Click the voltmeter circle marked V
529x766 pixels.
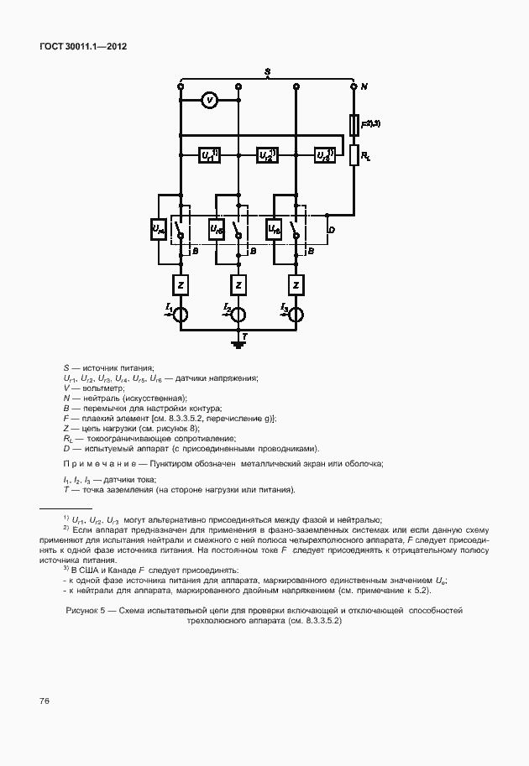pyautogui.click(x=211, y=101)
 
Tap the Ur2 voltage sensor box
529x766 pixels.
pyautogui.click(x=267, y=155)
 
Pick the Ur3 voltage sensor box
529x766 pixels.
pyautogui.click(x=324, y=155)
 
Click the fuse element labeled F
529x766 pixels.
pyautogui.click(x=354, y=126)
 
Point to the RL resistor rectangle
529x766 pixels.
pyautogui.click(x=354, y=155)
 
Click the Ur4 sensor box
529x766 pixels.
pyautogui.click(x=160, y=227)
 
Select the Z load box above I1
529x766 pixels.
pyautogui.click(x=181, y=285)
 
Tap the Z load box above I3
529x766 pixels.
pyautogui.click(x=296, y=285)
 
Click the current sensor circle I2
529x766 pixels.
pyautogui.click(x=238, y=314)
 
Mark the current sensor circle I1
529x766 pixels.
pyautogui.click(x=181, y=314)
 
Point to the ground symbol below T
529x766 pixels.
pyautogui.click(x=238, y=343)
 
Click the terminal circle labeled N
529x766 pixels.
pyautogui.click(x=354, y=86)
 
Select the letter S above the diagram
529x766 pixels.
pyautogui.click(x=266, y=73)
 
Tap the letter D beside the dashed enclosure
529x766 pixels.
pyautogui.click(x=331, y=229)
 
